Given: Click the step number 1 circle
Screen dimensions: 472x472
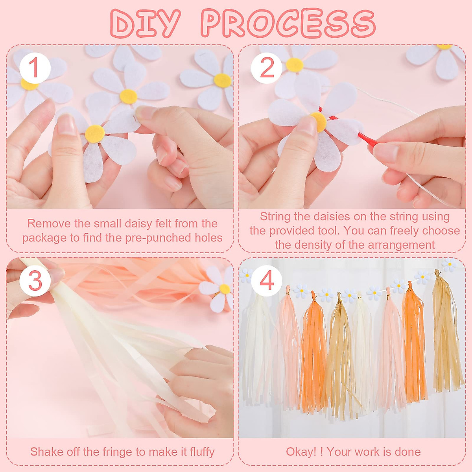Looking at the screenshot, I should click(x=35, y=68).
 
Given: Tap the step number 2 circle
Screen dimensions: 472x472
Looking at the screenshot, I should click(x=267, y=68).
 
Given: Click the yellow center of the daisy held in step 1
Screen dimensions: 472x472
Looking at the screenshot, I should click(x=94, y=134).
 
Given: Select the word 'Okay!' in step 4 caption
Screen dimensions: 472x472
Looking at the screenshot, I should click(x=301, y=452).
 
